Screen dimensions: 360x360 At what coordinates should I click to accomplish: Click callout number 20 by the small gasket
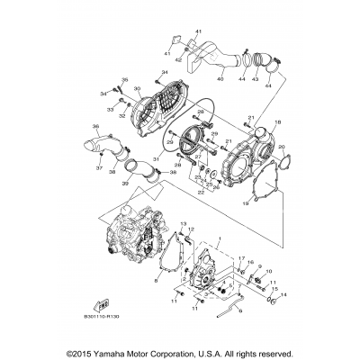pos(282,148)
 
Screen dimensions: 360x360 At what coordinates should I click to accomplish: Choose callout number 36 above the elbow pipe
pos(96,127)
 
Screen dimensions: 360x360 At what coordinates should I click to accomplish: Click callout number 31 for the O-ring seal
pos(156,160)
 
